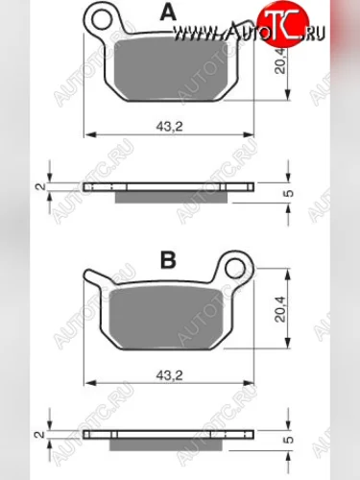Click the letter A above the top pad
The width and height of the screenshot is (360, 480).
168,13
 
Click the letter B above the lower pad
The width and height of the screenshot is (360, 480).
168,260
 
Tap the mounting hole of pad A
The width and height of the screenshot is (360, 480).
102,19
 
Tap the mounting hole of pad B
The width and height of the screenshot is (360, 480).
235,268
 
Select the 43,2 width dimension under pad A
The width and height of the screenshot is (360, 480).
169,127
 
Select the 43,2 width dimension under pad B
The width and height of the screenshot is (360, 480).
169,375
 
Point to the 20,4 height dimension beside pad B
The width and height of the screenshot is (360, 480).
280,309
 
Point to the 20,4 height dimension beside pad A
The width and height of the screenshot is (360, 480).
280,61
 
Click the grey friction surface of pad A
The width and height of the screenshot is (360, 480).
176,70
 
